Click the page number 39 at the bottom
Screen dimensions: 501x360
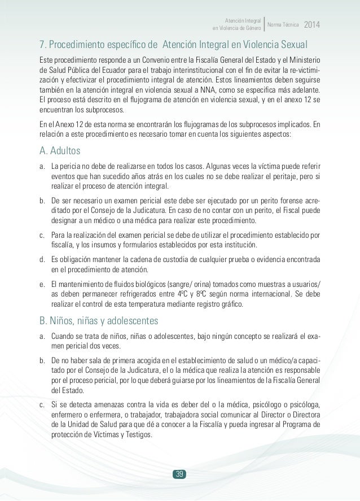tap(180, 458)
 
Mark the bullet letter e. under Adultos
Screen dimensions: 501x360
tap(42, 284)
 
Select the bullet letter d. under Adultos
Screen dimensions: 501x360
tap(42, 259)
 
